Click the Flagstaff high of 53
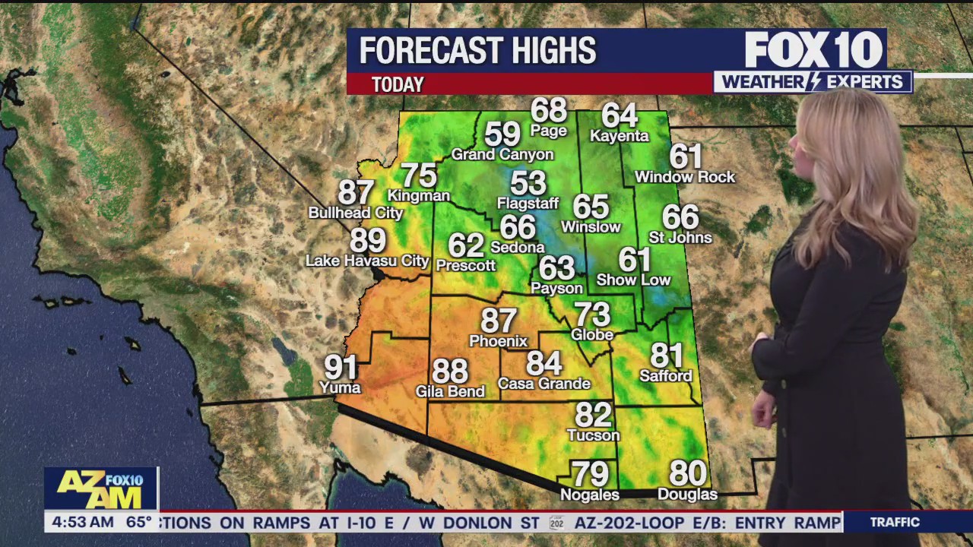(528, 183)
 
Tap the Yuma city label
(339, 387)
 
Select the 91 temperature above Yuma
(341, 368)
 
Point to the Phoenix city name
(498, 341)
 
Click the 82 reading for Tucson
(593, 415)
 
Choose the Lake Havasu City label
(367, 261)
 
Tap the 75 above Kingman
(419, 175)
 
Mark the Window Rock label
(685, 177)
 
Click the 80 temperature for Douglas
(687, 474)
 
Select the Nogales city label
(589, 495)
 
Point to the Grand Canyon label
(502, 155)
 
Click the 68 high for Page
(549, 111)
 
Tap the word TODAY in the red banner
(398, 84)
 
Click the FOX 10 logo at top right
(813, 51)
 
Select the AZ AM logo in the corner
(100, 489)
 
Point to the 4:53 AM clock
(80, 523)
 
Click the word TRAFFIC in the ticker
(895, 522)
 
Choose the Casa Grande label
(544, 384)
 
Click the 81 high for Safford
(666, 356)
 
